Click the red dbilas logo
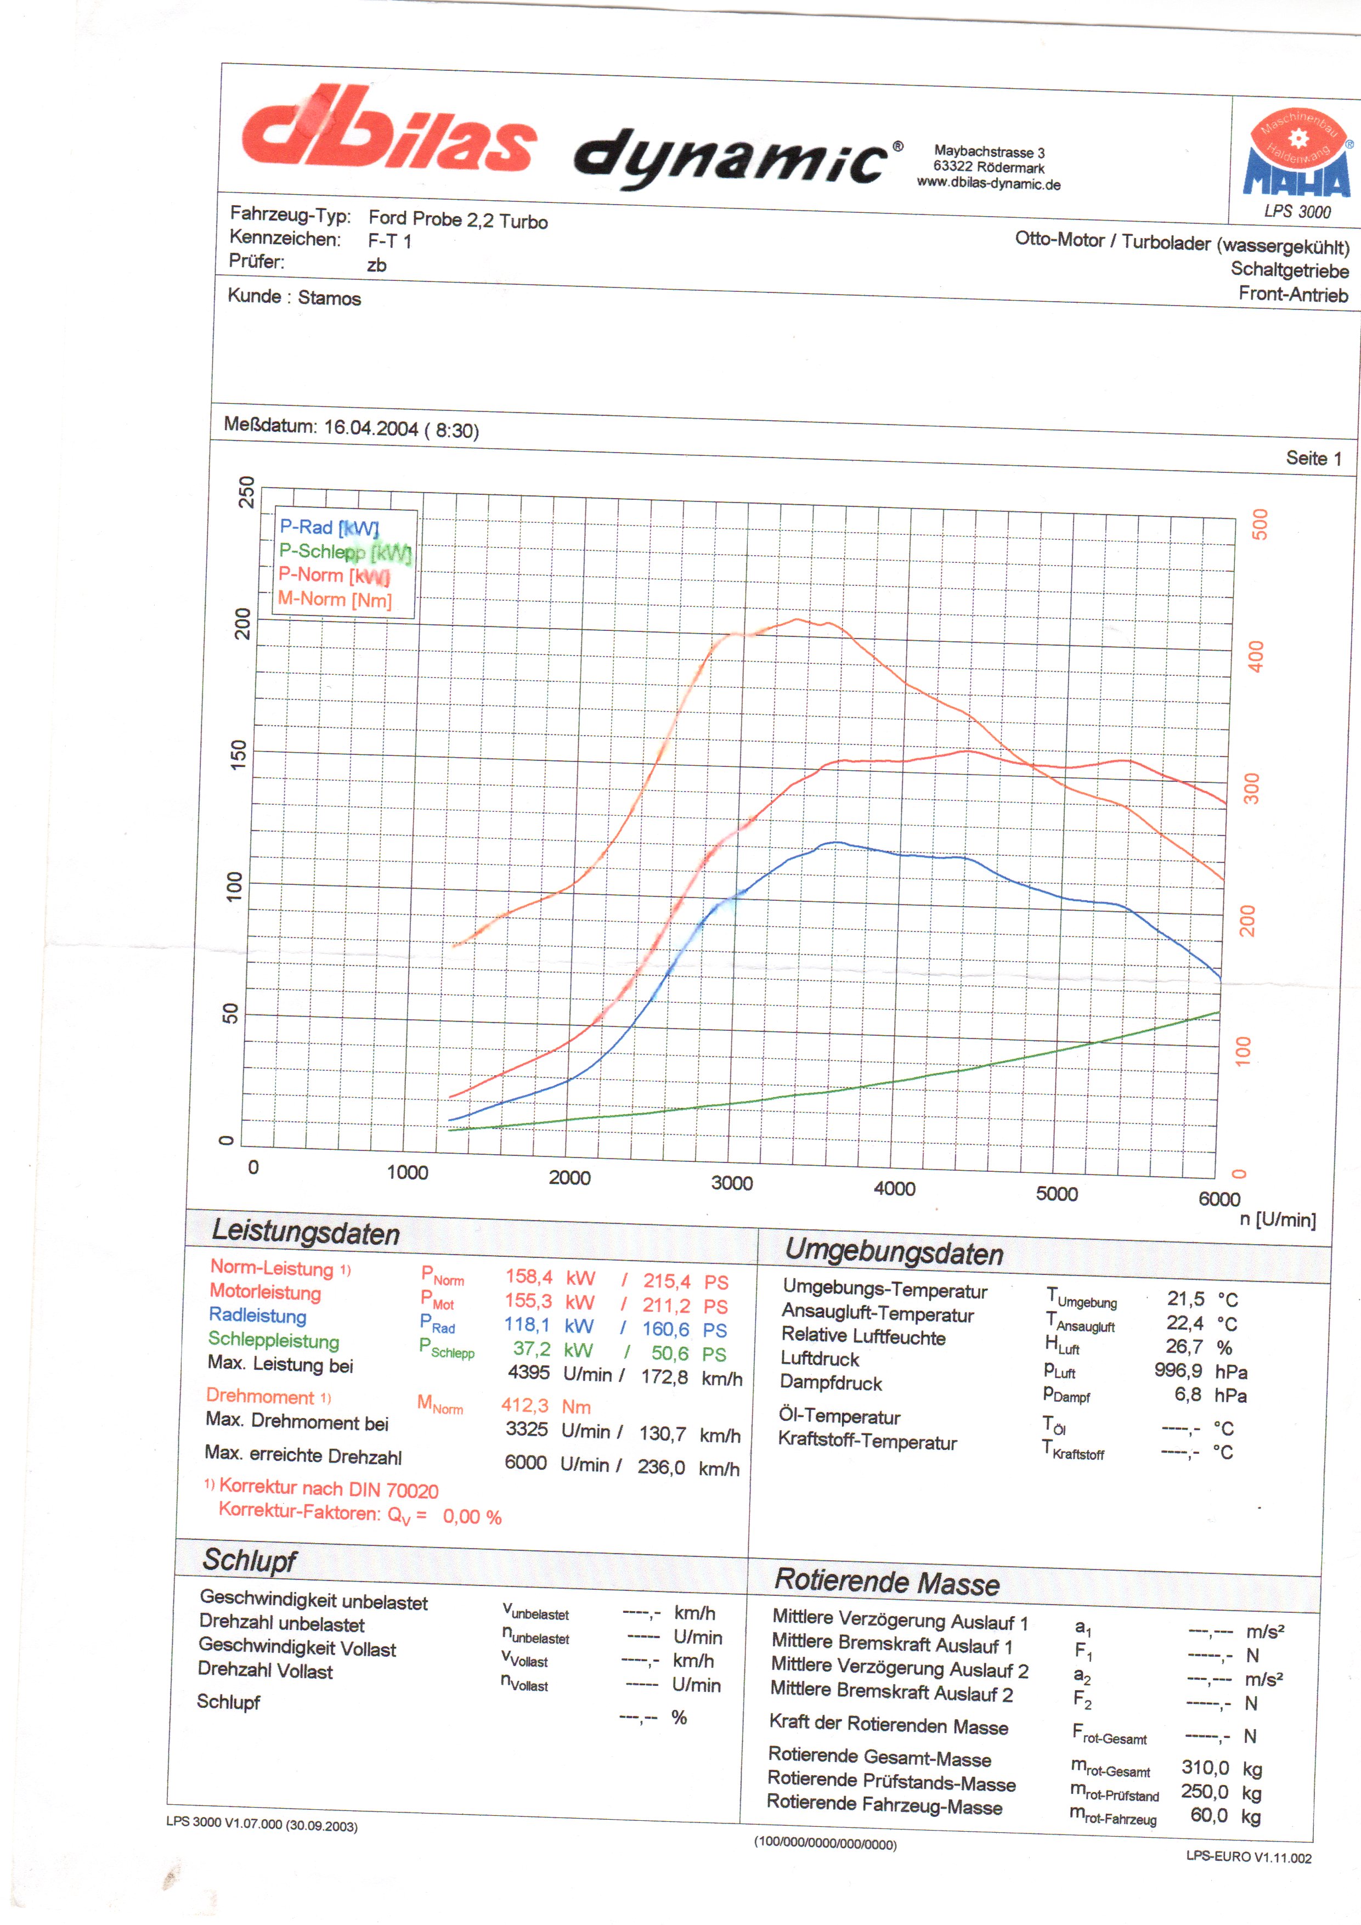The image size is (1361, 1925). coord(387,130)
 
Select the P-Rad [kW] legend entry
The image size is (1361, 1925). coord(329,527)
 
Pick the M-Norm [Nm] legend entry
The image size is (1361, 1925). coord(335,600)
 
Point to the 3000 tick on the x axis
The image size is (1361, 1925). coord(731,1183)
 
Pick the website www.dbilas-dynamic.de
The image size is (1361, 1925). coord(988,184)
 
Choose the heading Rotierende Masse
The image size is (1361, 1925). coord(886,1582)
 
